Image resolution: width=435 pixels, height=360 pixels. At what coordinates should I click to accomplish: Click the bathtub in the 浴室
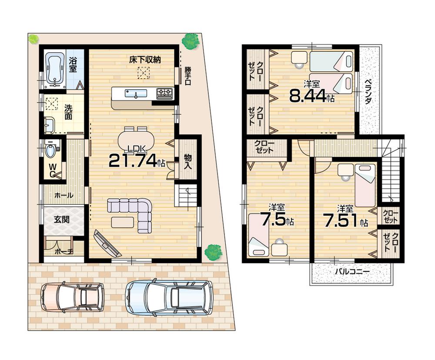[54, 68]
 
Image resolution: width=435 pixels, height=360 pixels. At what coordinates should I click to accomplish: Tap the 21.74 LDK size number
[132, 160]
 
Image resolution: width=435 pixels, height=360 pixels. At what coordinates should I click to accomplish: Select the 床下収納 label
[145, 60]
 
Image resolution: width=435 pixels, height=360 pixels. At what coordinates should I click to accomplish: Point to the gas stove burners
[164, 92]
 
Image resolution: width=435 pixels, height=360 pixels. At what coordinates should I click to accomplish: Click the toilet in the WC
[50, 151]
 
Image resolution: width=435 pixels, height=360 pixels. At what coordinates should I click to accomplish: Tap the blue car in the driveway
[169, 297]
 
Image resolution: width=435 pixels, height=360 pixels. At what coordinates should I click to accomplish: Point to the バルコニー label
[352, 272]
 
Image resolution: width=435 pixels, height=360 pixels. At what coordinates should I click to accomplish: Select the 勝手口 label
[188, 76]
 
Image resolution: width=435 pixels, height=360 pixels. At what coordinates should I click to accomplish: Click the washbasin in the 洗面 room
[48, 126]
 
